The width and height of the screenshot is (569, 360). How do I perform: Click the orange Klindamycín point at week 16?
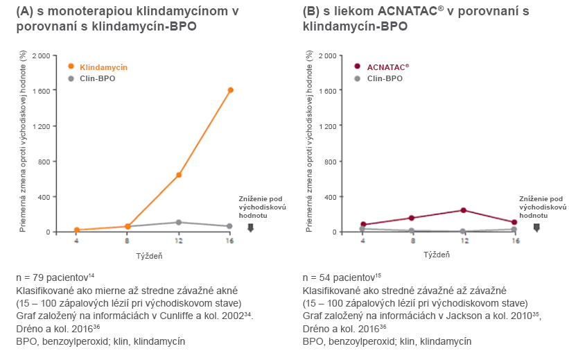pyautogui.click(x=230, y=90)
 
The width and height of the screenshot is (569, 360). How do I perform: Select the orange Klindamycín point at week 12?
pyautogui.click(x=179, y=175)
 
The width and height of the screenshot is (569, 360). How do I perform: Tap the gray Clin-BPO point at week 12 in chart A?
pyautogui.click(x=179, y=223)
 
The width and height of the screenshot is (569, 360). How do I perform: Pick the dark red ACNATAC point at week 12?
pyautogui.click(x=463, y=210)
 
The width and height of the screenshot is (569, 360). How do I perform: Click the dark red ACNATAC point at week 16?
pyautogui.click(x=514, y=223)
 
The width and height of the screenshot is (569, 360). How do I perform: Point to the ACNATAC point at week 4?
pyautogui.click(x=363, y=225)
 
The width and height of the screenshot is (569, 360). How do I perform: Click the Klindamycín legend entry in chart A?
pyautogui.click(x=103, y=67)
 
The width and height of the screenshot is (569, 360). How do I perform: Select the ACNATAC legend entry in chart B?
pyautogui.click(x=387, y=67)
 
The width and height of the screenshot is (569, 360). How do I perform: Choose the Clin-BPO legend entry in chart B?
pyautogui.click(x=384, y=78)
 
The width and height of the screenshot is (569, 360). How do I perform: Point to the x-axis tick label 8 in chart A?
pyautogui.click(x=128, y=241)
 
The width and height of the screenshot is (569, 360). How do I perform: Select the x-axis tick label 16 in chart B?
pyautogui.click(x=514, y=241)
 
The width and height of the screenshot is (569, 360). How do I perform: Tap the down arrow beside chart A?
pyautogui.click(x=250, y=227)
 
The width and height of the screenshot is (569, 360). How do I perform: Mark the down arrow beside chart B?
pyautogui.click(x=536, y=227)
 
